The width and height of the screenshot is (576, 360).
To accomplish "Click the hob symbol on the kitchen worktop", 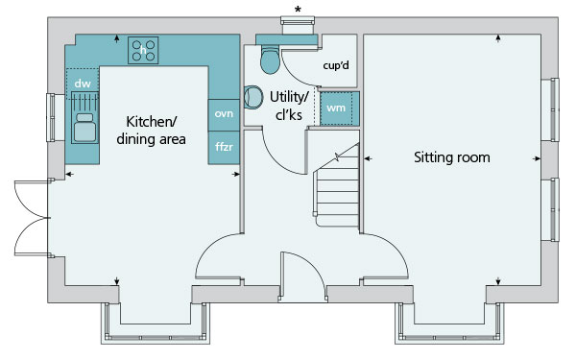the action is tap(143, 50).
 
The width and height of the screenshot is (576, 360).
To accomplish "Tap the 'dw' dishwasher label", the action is tap(83, 84).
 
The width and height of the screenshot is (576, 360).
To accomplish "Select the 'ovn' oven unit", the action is tap(224, 115).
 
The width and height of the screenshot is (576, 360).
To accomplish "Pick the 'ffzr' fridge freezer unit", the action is tap(224, 148).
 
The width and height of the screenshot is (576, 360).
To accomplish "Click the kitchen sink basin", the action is tap(85, 128).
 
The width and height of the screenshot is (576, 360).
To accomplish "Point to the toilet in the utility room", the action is tap(270, 59).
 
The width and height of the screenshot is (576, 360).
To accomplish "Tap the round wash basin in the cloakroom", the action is tap(253, 97).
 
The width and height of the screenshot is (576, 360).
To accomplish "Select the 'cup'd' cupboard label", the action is tap(336, 65).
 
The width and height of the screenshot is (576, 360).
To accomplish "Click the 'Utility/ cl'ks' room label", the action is tap(289, 106).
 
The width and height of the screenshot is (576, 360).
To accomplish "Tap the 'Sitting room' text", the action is tap(452, 157).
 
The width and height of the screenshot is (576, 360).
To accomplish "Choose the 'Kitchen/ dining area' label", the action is tap(151, 131).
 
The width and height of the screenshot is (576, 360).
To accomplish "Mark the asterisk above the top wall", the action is tap(298, 10).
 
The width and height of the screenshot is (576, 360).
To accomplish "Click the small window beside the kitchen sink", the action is tap(50, 117).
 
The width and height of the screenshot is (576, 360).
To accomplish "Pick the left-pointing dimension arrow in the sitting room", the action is tap(368, 158).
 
